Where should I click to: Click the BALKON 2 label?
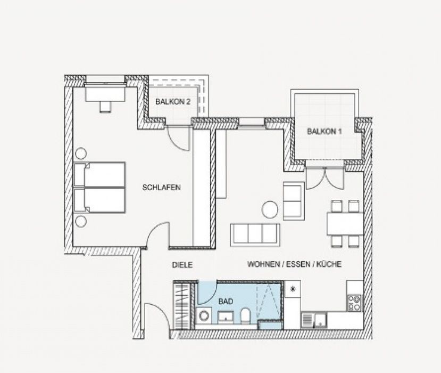[173, 102]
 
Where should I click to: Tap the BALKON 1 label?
[324, 131]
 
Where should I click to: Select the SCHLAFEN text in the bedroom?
[161, 188]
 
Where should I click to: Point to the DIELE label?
[182, 265]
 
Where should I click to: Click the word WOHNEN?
[263, 264]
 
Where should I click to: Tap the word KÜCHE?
[329, 264]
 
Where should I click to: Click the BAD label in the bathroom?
[226, 301]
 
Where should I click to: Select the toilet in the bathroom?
[245, 315]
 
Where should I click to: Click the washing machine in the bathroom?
[204, 315]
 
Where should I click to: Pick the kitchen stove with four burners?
[354, 303]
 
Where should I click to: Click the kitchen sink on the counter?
[314, 320]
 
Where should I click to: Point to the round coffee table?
[270, 209]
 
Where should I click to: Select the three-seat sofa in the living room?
[255, 235]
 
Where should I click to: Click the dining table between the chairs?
[345, 224]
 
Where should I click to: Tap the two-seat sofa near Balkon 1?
[294, 200]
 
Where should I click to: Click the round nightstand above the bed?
[81, 153]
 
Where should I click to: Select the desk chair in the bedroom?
[105, 107]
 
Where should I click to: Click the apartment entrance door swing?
[157, 315]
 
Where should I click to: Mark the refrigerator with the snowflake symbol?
[293, 289]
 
